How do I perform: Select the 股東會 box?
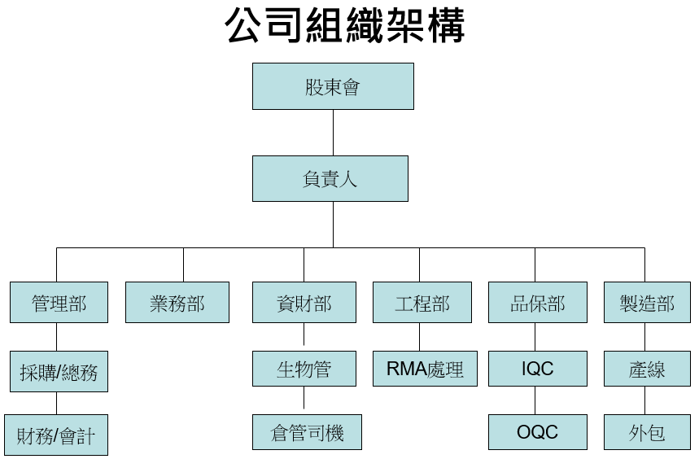333,86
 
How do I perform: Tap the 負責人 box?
330,179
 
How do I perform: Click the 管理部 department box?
59,303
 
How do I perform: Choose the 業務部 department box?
177,303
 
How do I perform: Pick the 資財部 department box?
304,303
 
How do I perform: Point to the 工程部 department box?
422,303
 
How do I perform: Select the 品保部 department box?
537,303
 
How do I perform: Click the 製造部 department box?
647,303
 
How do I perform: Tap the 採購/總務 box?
59,371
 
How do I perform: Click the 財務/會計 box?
55,435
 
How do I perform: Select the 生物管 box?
304,369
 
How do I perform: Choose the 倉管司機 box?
306,432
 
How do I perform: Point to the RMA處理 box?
425,369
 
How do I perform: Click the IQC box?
537,369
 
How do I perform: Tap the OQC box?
537,431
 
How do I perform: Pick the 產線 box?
647,369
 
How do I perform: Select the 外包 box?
647,431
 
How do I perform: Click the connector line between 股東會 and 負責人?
333,133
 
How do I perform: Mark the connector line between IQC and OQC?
535,400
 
